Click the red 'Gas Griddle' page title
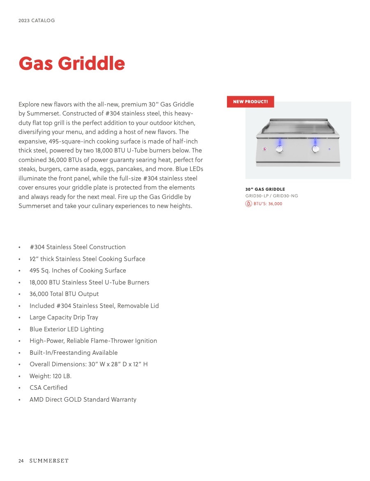point(72,64)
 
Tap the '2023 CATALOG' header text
point(37,21)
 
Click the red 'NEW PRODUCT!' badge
point(250,102)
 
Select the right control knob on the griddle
point(315,150)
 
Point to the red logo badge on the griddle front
point(265,149)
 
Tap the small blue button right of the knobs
point(329,149)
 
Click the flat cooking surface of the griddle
point(298,125)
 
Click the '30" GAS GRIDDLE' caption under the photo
point(265,190)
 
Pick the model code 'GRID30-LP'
point(257,196)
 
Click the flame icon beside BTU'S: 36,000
point(248,203)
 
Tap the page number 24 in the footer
point(21,461)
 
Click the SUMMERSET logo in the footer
point(49,461)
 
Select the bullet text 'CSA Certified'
point(49,388)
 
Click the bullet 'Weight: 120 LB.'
point(51,376)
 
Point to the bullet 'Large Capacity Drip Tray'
point(64,317)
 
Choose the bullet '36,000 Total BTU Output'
point(64,294)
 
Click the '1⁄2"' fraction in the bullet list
point(33,259)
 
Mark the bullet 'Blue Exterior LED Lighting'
point(67,329)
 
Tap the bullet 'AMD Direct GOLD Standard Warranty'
point(83,400)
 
